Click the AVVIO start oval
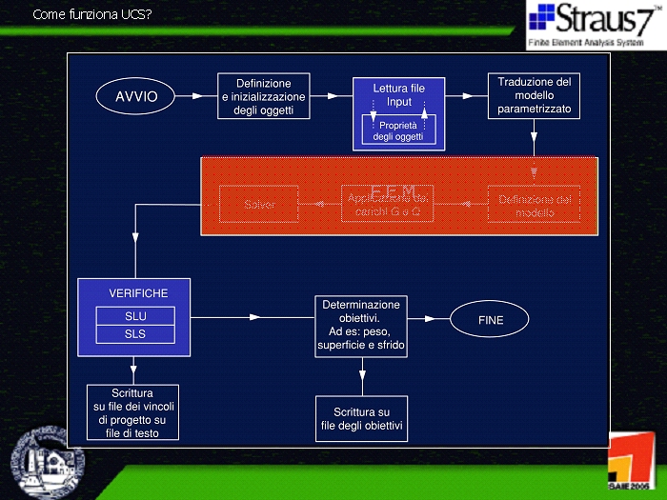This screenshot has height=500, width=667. pos(136,96)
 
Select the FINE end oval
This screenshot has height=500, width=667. pos(490,320)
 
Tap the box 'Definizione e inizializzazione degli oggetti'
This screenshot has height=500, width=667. pos(263,96)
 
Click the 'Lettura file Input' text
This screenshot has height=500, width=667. pos(398,94)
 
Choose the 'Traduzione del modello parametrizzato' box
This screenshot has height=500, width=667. pos(534,96)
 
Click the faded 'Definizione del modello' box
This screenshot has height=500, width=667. pos(535,205)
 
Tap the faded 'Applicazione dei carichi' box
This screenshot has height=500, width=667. pos(389,205)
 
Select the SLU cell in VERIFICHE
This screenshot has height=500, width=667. pos(135,316)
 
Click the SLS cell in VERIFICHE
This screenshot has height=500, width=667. pos(135,334)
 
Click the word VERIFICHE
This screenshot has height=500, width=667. pos(137,293)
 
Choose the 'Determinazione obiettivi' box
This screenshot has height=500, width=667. pos(361,327)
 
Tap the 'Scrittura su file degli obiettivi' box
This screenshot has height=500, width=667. pos(361,418)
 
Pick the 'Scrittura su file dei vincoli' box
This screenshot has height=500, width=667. pos(133,412)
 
